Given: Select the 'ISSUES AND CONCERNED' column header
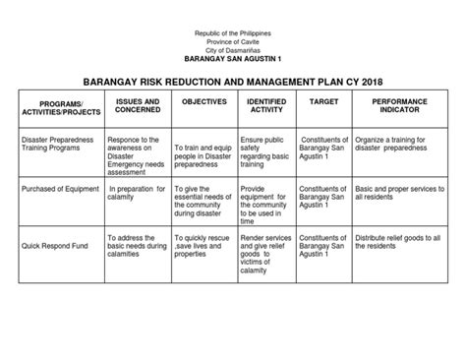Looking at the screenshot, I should tap(139, 105).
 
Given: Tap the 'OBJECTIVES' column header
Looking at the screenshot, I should tap(204, 101).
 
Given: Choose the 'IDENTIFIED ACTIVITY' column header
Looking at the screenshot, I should tap(265, 105).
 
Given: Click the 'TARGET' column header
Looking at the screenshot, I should tap(323, 101).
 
